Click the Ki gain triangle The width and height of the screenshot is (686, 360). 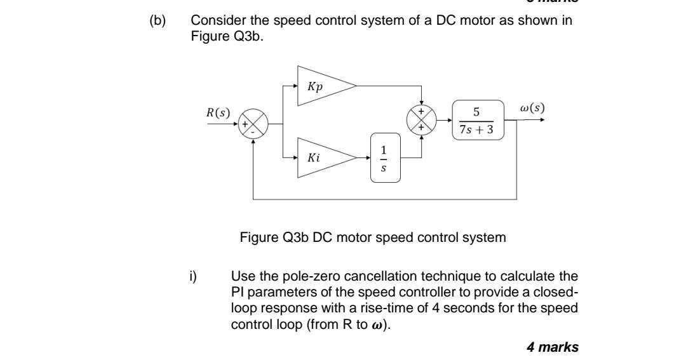tap(321, 157)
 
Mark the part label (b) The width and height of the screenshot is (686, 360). tap(156, 20)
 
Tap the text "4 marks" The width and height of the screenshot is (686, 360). tap(553, 346)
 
